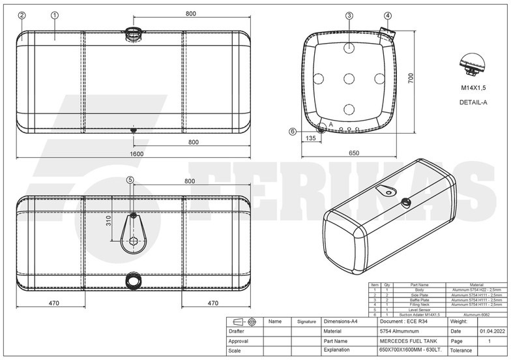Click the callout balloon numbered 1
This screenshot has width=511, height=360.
55,15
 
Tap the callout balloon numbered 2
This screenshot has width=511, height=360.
22,15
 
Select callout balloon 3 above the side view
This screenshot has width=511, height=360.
349,15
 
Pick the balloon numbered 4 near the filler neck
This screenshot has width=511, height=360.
388,15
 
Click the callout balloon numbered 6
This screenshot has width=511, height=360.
292,131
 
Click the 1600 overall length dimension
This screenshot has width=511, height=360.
136,154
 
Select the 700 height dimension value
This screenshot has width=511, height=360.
411,77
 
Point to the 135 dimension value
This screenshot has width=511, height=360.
310,138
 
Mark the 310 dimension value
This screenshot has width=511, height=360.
109,222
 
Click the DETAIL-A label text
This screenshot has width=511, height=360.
473,102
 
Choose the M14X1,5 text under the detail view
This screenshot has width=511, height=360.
474,87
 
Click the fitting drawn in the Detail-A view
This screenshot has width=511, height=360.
474,65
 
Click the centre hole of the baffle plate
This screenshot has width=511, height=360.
349,78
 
